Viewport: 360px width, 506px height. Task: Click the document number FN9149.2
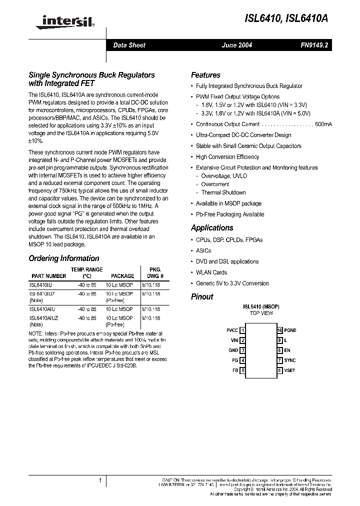point(314,45)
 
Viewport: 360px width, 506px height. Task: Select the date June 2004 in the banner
point(237,45)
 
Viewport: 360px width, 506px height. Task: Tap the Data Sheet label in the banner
point(129,45)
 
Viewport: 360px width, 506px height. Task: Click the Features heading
point(205,75)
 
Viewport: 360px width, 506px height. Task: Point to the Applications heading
point(212,227)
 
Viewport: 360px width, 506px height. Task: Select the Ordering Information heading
point(64,258)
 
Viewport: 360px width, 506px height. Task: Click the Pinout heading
point(202,296)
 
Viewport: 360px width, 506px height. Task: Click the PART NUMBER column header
point(48,276)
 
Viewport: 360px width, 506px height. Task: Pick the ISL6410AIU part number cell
point(44,309)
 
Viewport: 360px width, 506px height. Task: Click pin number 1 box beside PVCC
point(242,330)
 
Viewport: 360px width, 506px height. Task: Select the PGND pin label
point(290,330)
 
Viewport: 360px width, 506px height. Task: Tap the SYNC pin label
point(289,360)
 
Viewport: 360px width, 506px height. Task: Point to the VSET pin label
point(289,370)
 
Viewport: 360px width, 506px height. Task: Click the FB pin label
point(235,370)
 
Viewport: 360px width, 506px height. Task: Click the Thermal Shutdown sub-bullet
point(223,192)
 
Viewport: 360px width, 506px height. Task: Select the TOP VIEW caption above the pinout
point(261,313)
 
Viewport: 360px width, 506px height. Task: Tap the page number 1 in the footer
point(100,481)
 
